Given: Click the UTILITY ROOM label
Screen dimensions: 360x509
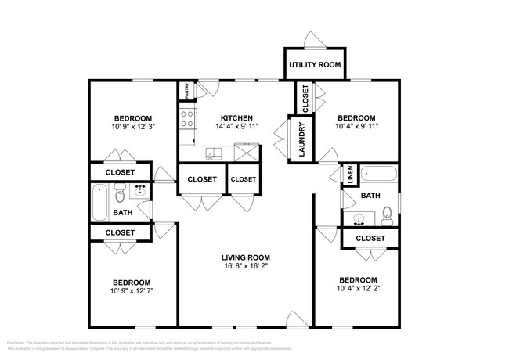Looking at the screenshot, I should pos(315,64).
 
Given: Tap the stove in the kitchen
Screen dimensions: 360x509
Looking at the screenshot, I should pos(188,119).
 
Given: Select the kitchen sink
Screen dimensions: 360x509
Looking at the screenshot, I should pos(213,152).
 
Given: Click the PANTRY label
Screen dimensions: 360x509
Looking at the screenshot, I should pos(187,92).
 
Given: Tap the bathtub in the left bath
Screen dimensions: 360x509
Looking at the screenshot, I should pos(99,202).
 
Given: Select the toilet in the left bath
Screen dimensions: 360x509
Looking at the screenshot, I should pos(120,192).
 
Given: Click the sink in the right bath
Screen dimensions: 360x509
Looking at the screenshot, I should pos(359,219).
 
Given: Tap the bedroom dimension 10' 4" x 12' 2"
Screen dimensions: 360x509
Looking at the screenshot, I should pos(358,288).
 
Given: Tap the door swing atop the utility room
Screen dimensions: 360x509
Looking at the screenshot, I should pos(312,41).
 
